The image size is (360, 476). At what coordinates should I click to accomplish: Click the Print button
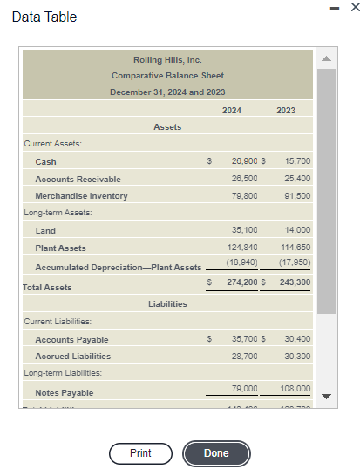[x=139, y=453]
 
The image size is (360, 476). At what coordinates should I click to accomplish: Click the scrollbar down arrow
[x=327, y=396]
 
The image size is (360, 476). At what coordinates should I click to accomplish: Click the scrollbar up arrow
[x=327, y=58]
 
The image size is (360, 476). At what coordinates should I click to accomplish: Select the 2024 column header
[x=232, y=110]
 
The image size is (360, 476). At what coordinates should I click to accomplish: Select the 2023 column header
[x=286, y=110]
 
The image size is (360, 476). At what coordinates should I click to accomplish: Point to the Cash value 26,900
[x=244, y=161]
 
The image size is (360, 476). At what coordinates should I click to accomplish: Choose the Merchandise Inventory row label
[x=81, y=196]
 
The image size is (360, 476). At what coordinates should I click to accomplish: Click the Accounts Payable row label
[x=71, y=339]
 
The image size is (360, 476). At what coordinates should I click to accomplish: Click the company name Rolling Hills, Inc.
[x=167, y=60]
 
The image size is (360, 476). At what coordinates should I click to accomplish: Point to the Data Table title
[x=44, y=17]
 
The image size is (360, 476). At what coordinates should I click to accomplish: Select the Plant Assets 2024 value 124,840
[x=241, y=248]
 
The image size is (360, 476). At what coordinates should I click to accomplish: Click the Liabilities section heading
[x=167, y=304]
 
